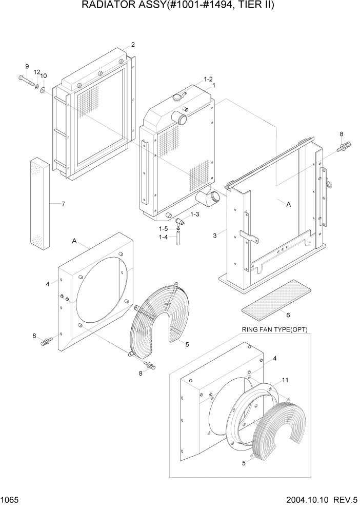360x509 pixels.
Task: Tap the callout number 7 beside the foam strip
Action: [63, 204]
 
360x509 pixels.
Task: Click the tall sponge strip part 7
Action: [40, 204]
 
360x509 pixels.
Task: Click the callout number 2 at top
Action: [133, 45]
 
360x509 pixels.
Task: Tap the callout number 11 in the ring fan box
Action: [285, 381]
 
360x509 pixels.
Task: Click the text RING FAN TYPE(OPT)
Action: [274, 329]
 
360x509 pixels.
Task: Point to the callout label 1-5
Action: [163, 229]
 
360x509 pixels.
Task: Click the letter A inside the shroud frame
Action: [288, 204]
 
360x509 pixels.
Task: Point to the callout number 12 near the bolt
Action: [37, 72]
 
